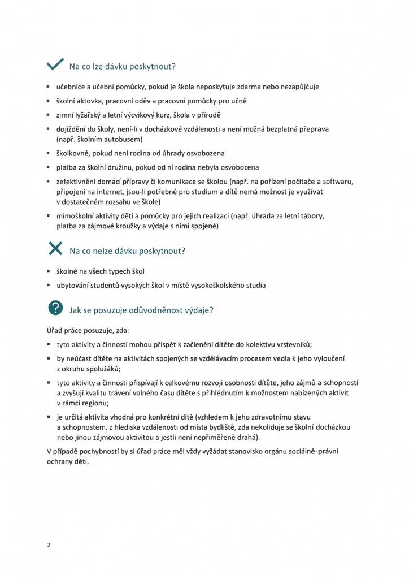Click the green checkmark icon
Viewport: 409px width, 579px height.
click(55, 66)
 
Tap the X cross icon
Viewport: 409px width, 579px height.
click(55, 249)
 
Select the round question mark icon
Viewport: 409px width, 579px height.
click(55, 308)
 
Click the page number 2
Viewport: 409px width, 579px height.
click(49, 545)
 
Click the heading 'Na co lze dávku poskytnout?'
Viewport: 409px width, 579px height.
click(122, 67)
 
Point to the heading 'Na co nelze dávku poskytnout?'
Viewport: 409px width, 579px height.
click(128, 250)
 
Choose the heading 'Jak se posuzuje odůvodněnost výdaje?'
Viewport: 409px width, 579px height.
click(141, 310)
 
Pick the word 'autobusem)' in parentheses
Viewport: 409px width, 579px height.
click(124, 139)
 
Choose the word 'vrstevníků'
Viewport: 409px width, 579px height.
click(290, 344)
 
